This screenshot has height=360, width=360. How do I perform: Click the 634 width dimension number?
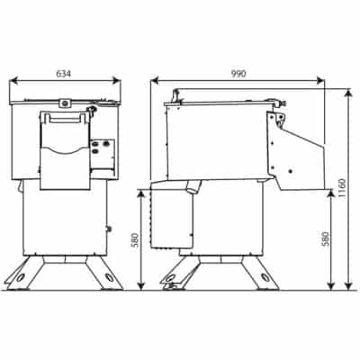64,74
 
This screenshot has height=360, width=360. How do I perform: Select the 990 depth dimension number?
238,74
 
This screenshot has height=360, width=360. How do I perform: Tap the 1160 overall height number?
342,188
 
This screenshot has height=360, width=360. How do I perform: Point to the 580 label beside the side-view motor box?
135,239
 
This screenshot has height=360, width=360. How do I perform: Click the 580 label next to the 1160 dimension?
325,239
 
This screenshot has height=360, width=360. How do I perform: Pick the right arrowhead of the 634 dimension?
116,80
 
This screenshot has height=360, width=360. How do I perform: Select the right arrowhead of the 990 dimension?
320,80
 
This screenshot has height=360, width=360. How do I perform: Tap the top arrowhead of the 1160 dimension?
348,94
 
